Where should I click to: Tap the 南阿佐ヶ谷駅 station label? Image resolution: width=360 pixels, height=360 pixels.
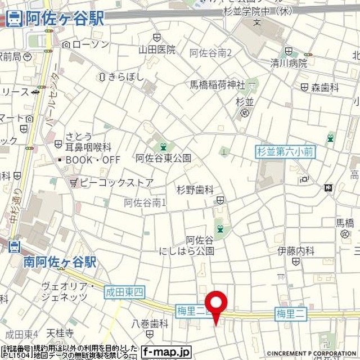tap(60, 262)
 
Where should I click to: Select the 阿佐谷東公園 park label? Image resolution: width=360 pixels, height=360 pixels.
tap(163, 158)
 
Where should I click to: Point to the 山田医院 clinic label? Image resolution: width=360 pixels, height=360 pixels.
tap(157, 49)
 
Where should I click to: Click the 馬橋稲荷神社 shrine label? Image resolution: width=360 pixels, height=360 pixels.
tap(217, 85)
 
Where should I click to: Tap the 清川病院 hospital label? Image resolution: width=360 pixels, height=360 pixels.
tap(289, 64)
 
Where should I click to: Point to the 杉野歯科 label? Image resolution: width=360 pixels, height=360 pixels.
tap(195, 190)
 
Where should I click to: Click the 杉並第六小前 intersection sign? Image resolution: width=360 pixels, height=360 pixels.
tap(285, 151)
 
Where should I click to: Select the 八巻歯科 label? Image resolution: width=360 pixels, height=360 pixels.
tap(150, 323)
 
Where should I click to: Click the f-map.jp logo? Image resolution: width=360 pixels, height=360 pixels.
tap(166, 352)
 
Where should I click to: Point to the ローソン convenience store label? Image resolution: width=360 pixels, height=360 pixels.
tap(85, 44)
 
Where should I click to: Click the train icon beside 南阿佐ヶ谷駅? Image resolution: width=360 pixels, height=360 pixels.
tap(15, 246)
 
